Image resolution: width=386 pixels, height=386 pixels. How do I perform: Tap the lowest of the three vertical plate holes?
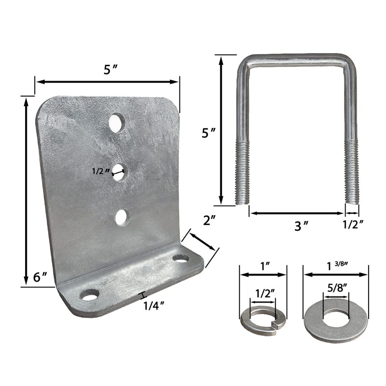[122, 217]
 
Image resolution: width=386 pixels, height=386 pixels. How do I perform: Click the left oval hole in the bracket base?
[90, 294]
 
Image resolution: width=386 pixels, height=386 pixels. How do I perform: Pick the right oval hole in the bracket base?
[181, 259]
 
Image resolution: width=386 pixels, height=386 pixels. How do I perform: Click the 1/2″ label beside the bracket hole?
[100, 170]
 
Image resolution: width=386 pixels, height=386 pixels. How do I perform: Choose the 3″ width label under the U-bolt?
[301, 226]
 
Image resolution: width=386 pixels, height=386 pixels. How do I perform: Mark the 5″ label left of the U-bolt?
[208, 132]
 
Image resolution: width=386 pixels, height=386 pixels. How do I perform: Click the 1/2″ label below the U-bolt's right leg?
[353, 224]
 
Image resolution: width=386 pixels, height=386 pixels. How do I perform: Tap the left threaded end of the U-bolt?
[243, 171]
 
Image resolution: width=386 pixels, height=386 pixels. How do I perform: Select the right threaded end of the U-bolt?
[352, 171]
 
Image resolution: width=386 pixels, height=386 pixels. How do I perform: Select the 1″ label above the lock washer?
[263, 266]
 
